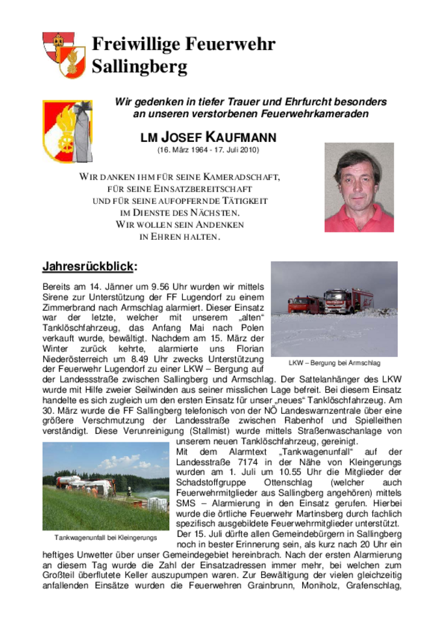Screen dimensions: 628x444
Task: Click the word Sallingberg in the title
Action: [139, 66]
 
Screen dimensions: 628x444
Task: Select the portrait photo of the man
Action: [359, 188]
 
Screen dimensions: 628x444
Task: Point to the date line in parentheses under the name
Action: [208, 150]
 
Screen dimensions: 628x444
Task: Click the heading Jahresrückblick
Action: [89, 266]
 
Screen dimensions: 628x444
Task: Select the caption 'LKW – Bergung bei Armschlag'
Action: [334, 363]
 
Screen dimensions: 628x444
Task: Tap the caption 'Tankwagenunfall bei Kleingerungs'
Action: [105, 537]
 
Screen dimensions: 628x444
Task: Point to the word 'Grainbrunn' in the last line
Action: [308, 585]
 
